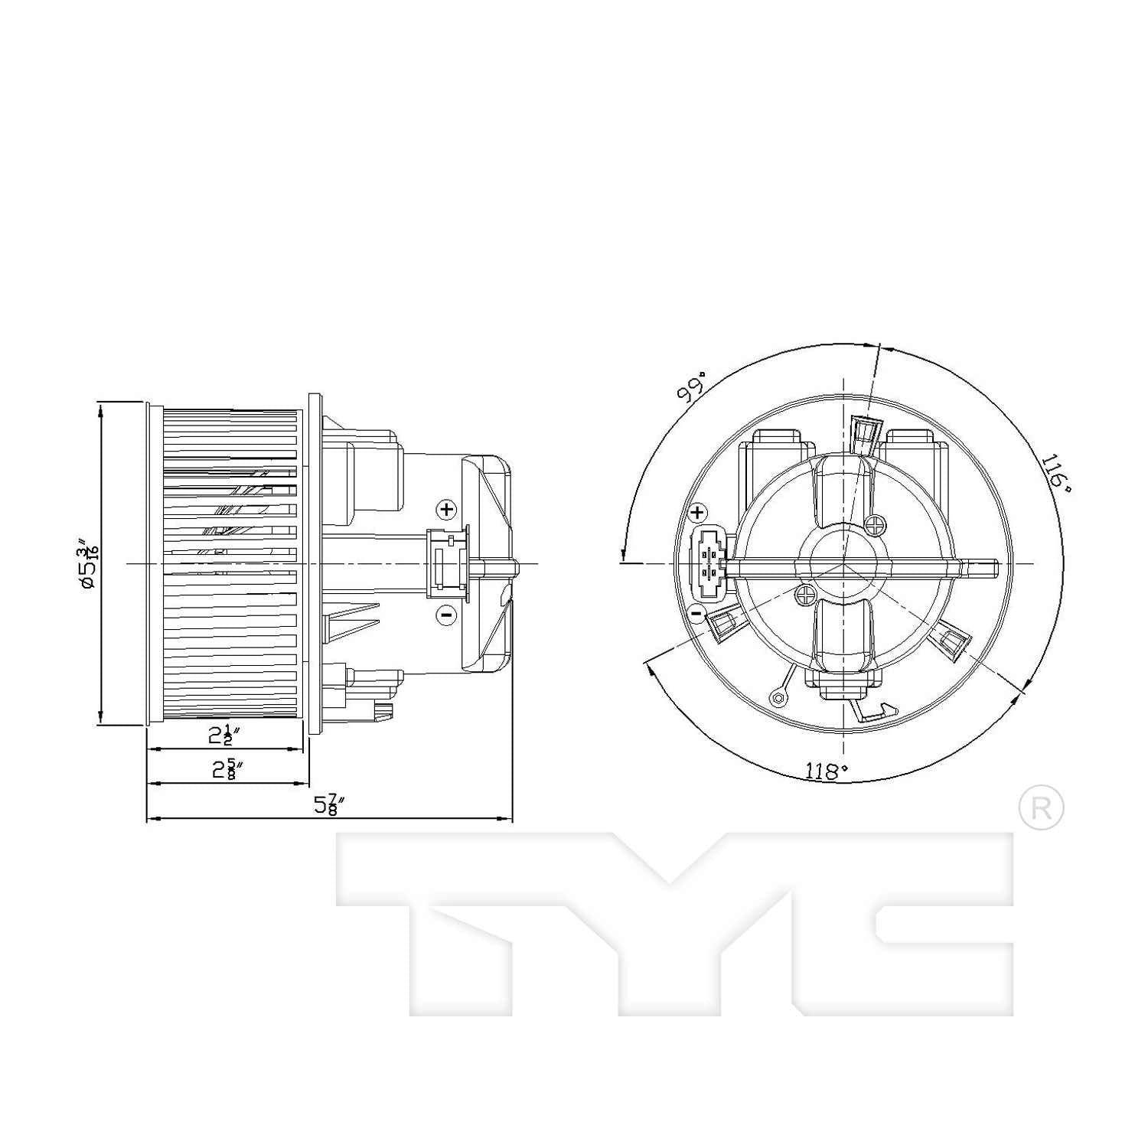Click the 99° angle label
coord(691,388)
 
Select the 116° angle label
coord(1055,473)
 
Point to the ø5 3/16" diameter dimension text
coord(87,564)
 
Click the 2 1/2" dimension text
coord(224,735)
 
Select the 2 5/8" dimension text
coord(227,768)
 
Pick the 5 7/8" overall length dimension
coord(329,804)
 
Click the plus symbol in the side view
coord(446,509)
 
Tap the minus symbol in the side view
coord(446,615)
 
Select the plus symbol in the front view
coord(697,513)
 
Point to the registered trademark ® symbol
coord(1041,807)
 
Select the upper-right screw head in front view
coord(876,525)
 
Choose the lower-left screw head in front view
coord(805,594)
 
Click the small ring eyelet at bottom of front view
coord(778,697)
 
